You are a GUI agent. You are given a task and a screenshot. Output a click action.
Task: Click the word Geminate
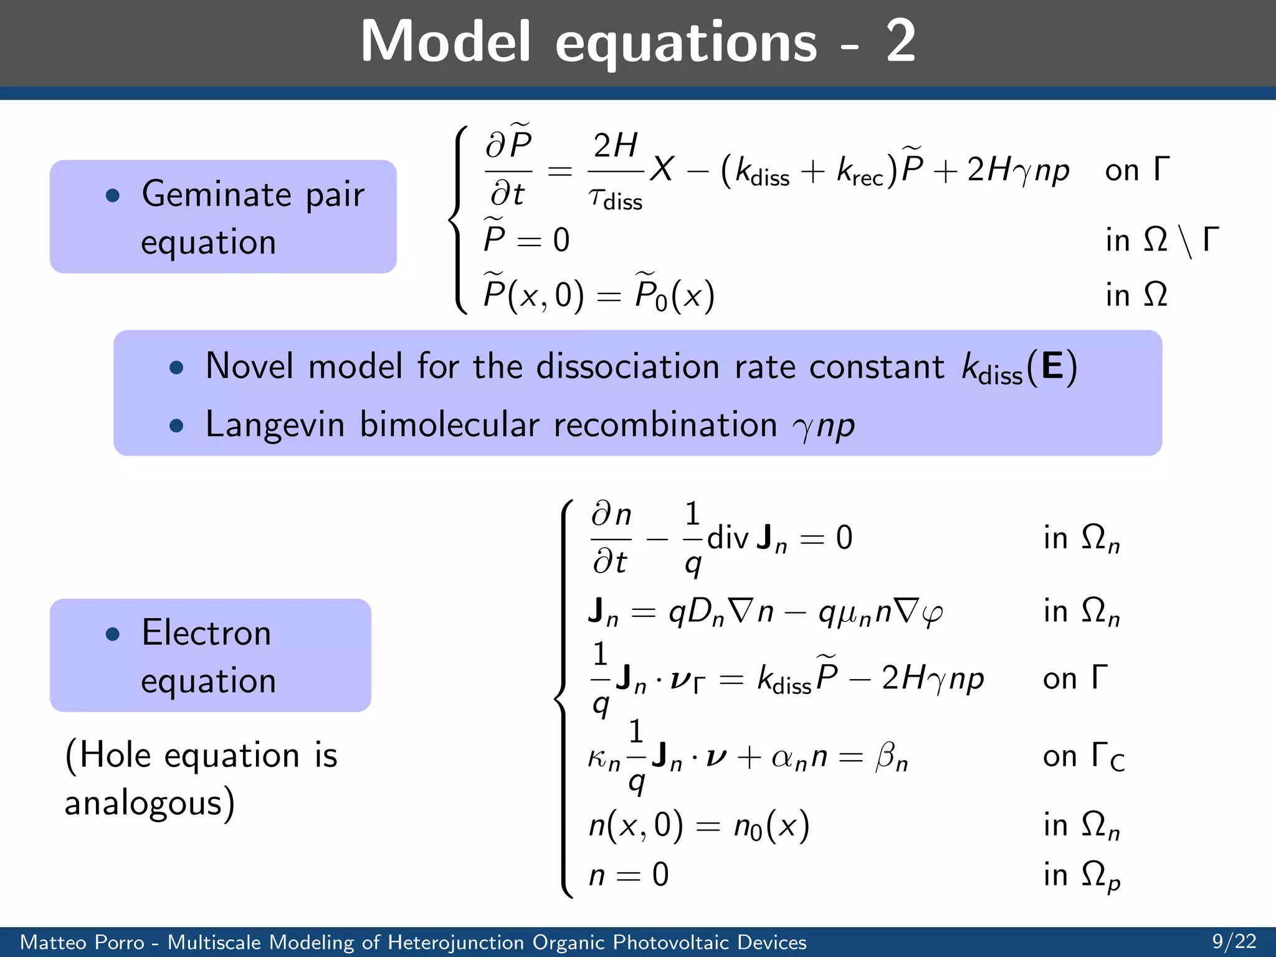pyautogui.click(x=216, y=194)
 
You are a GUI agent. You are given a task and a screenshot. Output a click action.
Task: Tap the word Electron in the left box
pyautogui.click(x=206, y=633)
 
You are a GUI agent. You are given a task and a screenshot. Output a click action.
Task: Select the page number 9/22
pyautogui.click(x=1234, y=941)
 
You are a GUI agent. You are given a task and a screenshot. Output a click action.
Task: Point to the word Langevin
pyautogui.click(x=275, y=425)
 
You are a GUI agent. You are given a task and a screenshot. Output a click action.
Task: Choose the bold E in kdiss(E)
pyautogui.click(x=1052, y=366)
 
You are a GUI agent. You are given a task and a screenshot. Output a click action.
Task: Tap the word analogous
pyautogui.click(x=143, y=803)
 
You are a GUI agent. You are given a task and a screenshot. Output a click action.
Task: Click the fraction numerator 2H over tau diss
pyautogui.click(x=615, y=146)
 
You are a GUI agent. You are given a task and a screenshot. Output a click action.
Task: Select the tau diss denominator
pyautogui.click(x=615, y=200)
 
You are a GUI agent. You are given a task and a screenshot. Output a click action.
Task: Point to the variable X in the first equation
pyautogui.click(x=662, y=169)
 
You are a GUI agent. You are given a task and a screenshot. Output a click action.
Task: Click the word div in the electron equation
pyautogui.click(x=727, y=537)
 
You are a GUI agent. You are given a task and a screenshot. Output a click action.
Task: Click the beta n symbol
pyautogui.click(x=892, y=758)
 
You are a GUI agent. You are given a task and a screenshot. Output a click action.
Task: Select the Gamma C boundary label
pyautogui.click(x=1107, y=757)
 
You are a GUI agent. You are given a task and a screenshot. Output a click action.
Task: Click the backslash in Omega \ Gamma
pyautogui.click(x=1186, y=242)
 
